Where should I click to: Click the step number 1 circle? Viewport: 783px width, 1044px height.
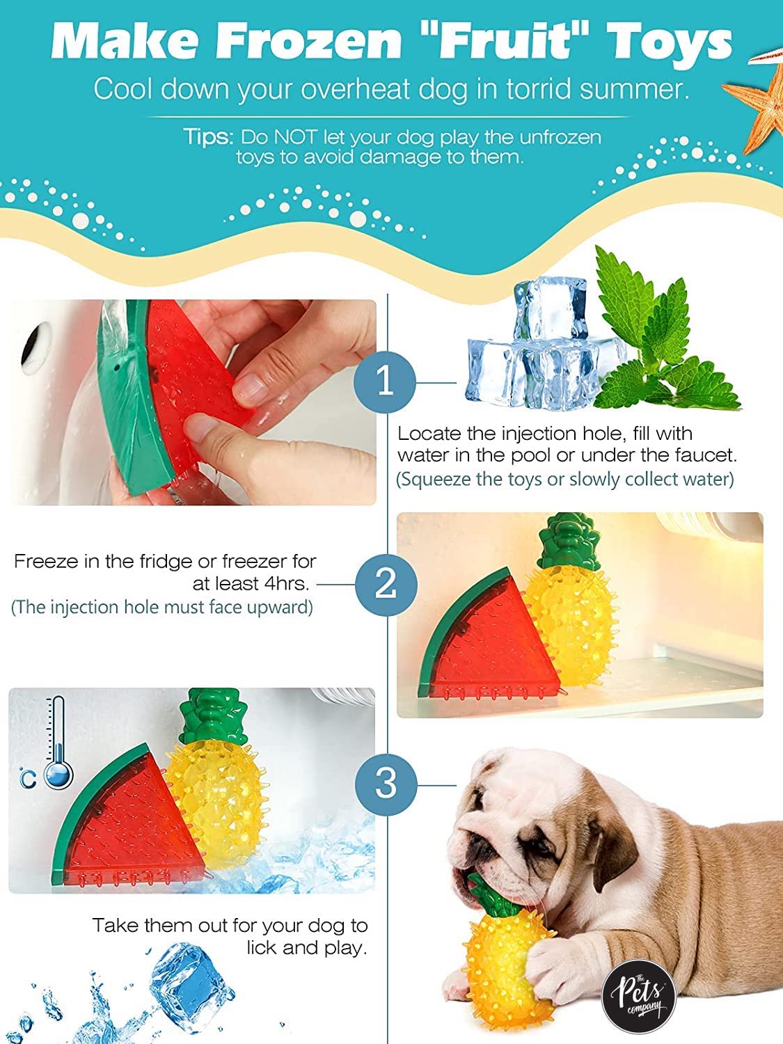pos(385,381)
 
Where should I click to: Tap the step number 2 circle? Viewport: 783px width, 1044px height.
pos(386,585)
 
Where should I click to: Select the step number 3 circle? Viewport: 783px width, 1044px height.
pos(386,784)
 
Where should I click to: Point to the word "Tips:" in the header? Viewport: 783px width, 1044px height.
pos(208,137)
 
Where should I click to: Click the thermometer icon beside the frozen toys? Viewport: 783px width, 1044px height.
pos(58,743)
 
